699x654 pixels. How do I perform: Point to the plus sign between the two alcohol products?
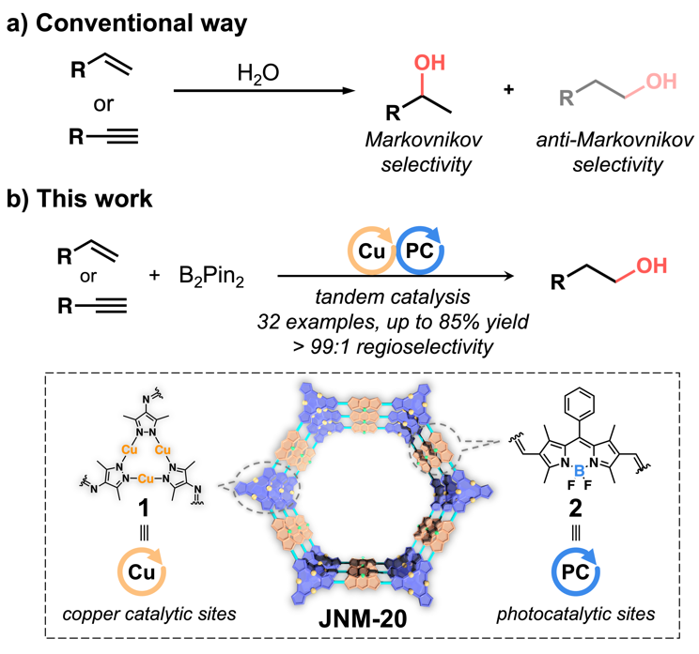pos(508,99)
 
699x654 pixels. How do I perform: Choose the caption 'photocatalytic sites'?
pos(582,620)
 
